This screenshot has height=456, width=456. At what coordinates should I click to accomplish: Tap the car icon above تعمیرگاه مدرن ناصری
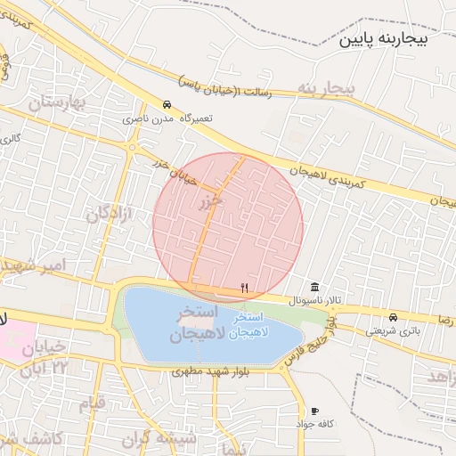pos(167,102)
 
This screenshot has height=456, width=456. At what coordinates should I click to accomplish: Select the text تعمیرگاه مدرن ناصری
pos(161,118)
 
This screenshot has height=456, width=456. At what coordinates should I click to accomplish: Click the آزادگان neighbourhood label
pos(110,216)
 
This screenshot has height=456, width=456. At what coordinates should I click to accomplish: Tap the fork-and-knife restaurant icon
pos(244,287)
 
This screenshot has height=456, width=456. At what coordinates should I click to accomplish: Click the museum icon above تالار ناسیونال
pos(316,287)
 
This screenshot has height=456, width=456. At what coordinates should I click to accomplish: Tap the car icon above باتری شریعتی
pos(393,317)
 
